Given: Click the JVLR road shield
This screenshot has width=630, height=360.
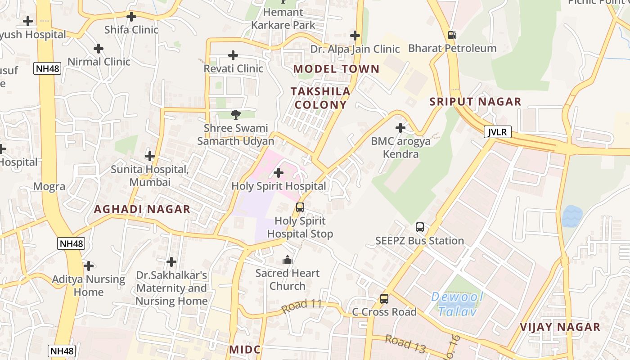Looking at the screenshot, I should (x=498, y=132).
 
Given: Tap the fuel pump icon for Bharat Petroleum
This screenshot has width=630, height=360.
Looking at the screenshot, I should (x=452, y=35).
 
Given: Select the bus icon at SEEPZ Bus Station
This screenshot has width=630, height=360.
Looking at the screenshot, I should (x=420, y=227).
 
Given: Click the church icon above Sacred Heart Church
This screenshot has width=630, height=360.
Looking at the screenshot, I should (x=288, y=260).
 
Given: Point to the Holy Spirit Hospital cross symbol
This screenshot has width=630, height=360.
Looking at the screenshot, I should (x=279, y=172).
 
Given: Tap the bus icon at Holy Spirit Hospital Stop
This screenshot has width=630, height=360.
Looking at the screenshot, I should (x=300, y=207).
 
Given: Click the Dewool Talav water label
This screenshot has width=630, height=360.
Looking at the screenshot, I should (x=457, y=304).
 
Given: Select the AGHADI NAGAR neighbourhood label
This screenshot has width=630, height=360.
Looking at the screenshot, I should (x=142, y=209).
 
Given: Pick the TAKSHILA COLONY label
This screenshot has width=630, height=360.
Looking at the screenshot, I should (x=320, y=98).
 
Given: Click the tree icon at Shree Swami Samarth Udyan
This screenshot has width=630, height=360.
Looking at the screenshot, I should (x=235, y=115).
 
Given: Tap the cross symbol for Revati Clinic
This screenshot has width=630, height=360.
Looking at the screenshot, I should (x=233, y=55).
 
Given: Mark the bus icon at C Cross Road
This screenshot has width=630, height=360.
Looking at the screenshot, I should (x=384, y=298).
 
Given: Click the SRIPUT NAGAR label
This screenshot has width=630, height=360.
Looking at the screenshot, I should (x=475, y=102).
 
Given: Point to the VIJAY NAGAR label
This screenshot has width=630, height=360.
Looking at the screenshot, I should (x=560, y=327).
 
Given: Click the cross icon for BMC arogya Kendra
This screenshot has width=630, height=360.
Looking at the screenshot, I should (x=400, y=128).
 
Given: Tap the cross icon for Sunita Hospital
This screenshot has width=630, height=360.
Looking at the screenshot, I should (x=150, y=156).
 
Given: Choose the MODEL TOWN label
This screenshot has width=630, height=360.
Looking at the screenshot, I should (x=337, y=69).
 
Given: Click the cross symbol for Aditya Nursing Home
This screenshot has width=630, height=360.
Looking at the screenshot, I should (x=89, y=265).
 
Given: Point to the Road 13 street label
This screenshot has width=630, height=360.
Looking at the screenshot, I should (x=405, y=343).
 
